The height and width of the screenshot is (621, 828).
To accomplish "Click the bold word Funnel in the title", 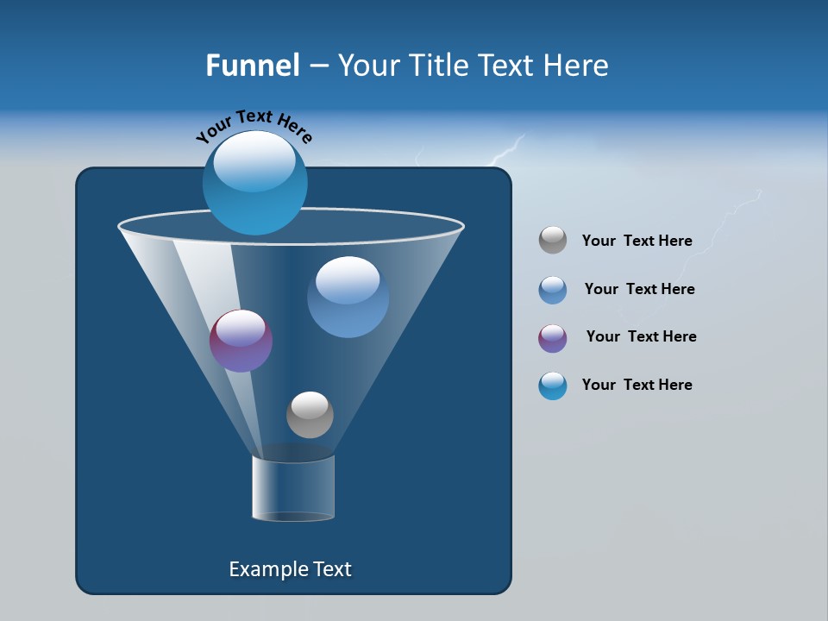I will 252,66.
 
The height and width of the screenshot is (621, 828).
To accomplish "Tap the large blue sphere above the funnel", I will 254,182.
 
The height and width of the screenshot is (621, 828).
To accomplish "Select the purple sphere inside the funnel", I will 241,342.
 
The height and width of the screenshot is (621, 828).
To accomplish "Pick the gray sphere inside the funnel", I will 310,415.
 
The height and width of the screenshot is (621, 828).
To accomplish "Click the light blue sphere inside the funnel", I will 348,297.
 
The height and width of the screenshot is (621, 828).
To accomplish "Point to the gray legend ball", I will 553,240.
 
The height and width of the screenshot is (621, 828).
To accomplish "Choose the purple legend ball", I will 553,338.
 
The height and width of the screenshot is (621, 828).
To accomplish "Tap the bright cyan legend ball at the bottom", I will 553,386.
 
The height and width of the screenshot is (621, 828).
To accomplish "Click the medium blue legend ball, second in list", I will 553,290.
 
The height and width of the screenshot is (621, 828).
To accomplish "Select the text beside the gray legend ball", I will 637,241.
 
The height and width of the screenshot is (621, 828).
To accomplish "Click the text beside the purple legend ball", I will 641,336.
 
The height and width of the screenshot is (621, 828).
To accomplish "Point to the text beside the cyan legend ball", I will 637,385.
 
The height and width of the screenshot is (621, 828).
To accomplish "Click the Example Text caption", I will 290,569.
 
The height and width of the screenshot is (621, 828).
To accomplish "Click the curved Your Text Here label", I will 254,124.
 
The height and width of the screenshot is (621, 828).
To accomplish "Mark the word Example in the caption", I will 266,569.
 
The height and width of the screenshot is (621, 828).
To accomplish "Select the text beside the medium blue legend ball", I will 639,289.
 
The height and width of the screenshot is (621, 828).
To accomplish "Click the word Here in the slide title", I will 576,66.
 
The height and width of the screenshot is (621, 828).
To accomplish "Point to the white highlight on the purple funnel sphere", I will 241,327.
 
